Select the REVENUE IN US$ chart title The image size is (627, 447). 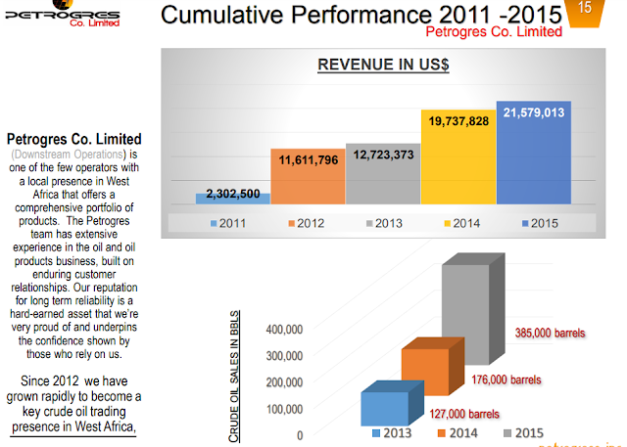pos(382,66)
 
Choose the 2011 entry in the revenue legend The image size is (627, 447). pos(229,223)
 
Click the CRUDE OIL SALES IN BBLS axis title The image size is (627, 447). pos(235,377)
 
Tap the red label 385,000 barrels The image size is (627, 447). pos(551,334)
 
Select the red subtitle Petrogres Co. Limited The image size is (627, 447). pos(493,31)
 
